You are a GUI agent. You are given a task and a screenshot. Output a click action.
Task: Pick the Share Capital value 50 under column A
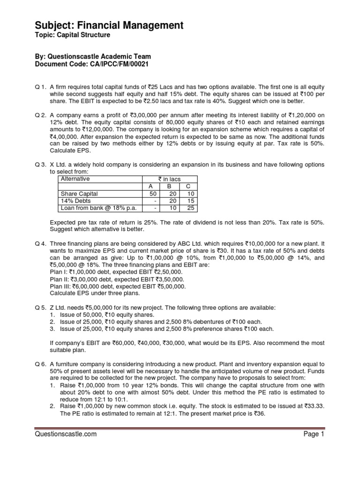152,194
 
